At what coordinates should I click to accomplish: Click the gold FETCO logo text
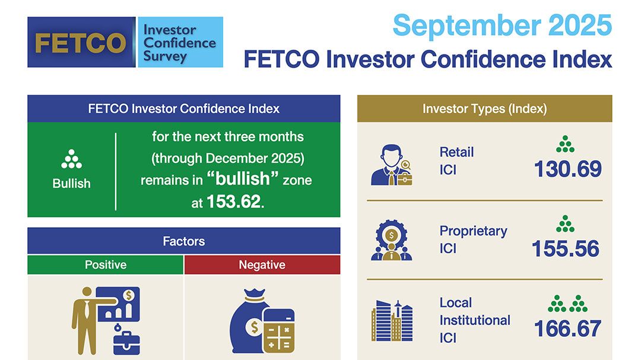tap(81, 43)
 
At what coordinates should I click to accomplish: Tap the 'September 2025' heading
tap(502, 26)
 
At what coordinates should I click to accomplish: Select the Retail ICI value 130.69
tap(568, 169)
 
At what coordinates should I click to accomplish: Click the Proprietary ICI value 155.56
tap(566, 249)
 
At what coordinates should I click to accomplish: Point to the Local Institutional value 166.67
tap(568, 329)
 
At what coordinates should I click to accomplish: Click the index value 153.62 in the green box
tap(233, 202)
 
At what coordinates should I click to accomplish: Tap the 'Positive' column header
tap(106, 265)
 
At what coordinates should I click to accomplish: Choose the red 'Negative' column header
tap(262, 265)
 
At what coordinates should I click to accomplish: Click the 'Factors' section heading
tap(183, 241)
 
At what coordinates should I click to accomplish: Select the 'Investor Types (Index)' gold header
tap(484, 109)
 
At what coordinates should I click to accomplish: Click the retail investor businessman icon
tap(392, 165)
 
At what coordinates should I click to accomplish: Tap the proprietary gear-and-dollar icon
tap(392, 240)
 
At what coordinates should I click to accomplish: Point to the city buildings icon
tap(392, 321)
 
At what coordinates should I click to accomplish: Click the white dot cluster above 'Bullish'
tap(72, 159)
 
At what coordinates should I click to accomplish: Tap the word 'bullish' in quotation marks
tap(242, 179)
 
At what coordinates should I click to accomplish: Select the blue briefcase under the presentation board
tap(126, 343)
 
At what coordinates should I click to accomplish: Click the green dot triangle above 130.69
tap(566, 144)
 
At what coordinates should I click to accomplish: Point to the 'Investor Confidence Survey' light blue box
tap(180, 42)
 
